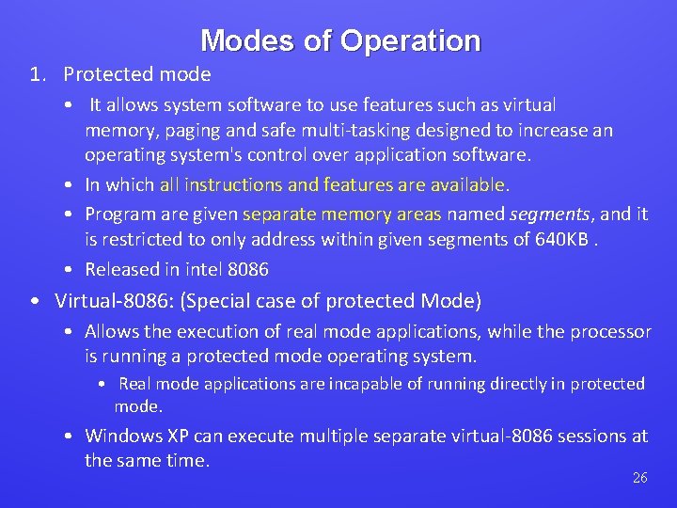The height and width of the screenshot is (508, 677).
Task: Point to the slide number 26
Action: tap(639, 478)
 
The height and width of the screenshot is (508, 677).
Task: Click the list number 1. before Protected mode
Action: tap(38, 74)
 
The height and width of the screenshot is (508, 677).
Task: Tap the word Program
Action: tap(121, 214)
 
